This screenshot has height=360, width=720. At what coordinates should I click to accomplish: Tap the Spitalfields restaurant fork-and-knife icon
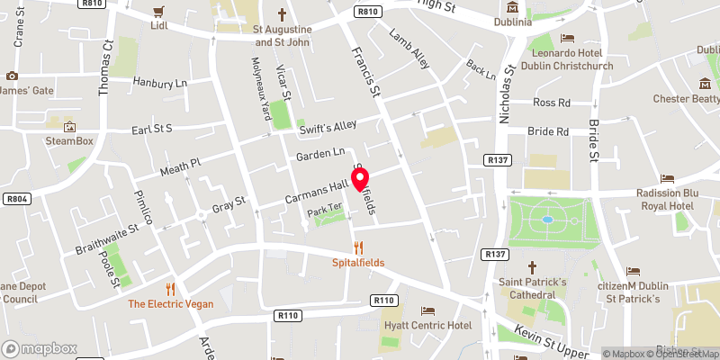(x=359, y=247)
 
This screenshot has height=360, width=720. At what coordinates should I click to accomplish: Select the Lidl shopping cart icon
(x=159, y=11)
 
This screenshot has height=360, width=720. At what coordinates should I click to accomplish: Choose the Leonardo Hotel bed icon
(x=568, y=37)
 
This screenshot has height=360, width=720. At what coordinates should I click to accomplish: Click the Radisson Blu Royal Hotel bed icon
(x=667, y=179)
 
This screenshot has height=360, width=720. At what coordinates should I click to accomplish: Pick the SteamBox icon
(x=70, y=126)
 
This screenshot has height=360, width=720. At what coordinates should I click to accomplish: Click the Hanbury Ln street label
(x=159, y=83)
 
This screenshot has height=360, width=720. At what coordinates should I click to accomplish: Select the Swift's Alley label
(x=328, y=127)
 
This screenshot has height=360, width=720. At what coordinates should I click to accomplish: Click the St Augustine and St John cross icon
(x=282, y=14)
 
